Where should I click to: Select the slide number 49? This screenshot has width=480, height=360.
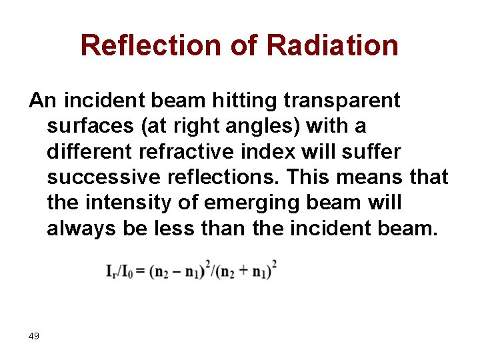point(34,336)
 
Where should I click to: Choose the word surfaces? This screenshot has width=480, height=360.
point(85,126)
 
